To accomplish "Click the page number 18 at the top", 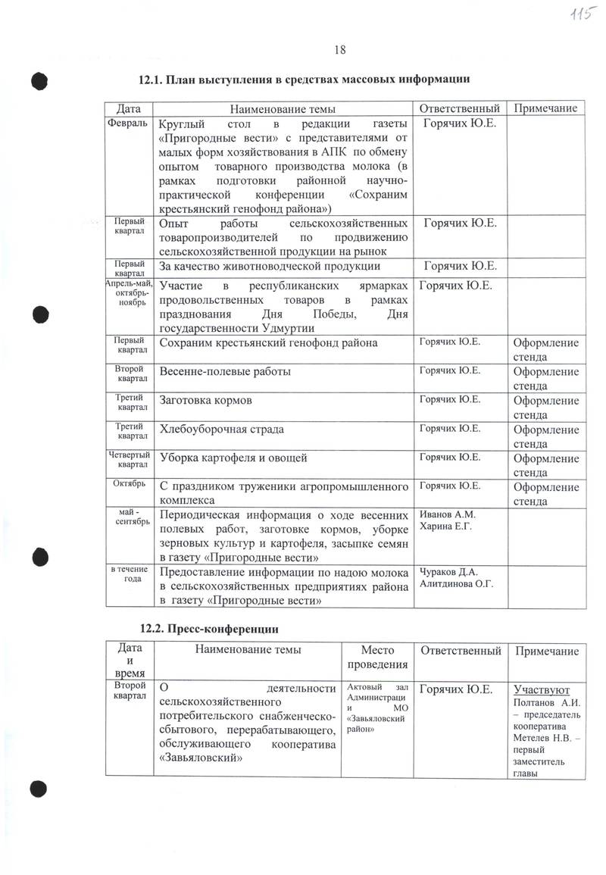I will tap(340, 50).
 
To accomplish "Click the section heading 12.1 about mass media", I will tap(305, 79).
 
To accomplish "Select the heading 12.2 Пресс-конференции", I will tap(210, 628).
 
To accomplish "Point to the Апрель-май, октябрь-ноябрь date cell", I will tap(127, 292).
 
